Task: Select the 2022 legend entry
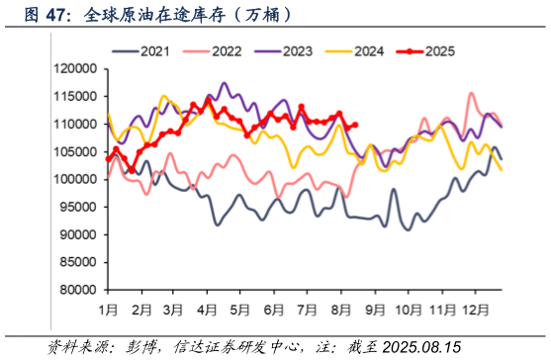(x=221, y=50)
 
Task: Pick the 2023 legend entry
(x=294, y=50)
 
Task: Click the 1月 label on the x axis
(x=110, y=310)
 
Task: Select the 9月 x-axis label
(x=374, y=310)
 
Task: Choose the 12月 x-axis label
(x=477, y=310)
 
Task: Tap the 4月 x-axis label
(x=208, y=310)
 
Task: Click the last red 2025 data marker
(x=355, y=125)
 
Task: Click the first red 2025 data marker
(x=108, y=158)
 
